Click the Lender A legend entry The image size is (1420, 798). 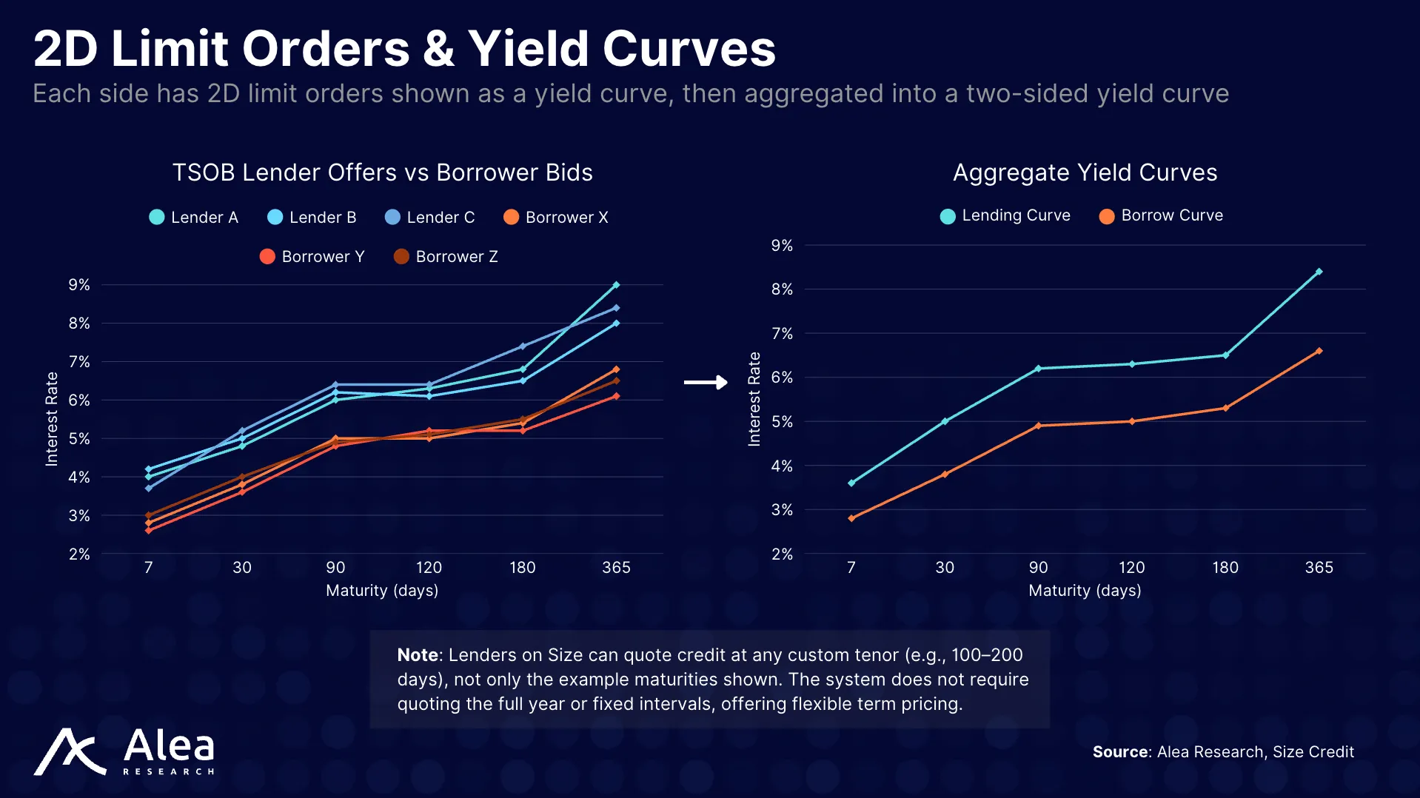click(x=194, y=217)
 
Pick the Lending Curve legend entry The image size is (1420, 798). click(x=1005, y=215)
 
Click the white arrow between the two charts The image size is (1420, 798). click(x=706, y=382)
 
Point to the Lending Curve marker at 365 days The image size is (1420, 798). click(x=1319, y=272)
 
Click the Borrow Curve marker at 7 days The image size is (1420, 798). click(x=851, y=518)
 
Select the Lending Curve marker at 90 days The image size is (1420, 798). click(x=1038, y=368)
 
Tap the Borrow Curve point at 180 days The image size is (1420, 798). click(x=1225, y=408)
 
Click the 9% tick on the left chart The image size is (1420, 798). click(x=79, y=285)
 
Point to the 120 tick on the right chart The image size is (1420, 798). click(x=1131, y=567)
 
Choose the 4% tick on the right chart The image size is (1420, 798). click(x=782, y=466)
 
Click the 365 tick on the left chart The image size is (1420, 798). click(x=616, y=567)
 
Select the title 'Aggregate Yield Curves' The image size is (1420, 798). click(x=1085, y=172)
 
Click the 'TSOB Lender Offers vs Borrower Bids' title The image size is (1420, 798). click(x=382, y=172)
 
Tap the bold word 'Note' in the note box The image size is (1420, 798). click(x=418, y=654)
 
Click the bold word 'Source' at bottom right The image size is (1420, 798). click(x=1120, y=751)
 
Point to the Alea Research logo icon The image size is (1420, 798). click(x=70, y=752)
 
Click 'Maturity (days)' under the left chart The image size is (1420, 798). click(x=382, y=590)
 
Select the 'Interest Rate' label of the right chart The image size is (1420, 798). click(x=754, y=399)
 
